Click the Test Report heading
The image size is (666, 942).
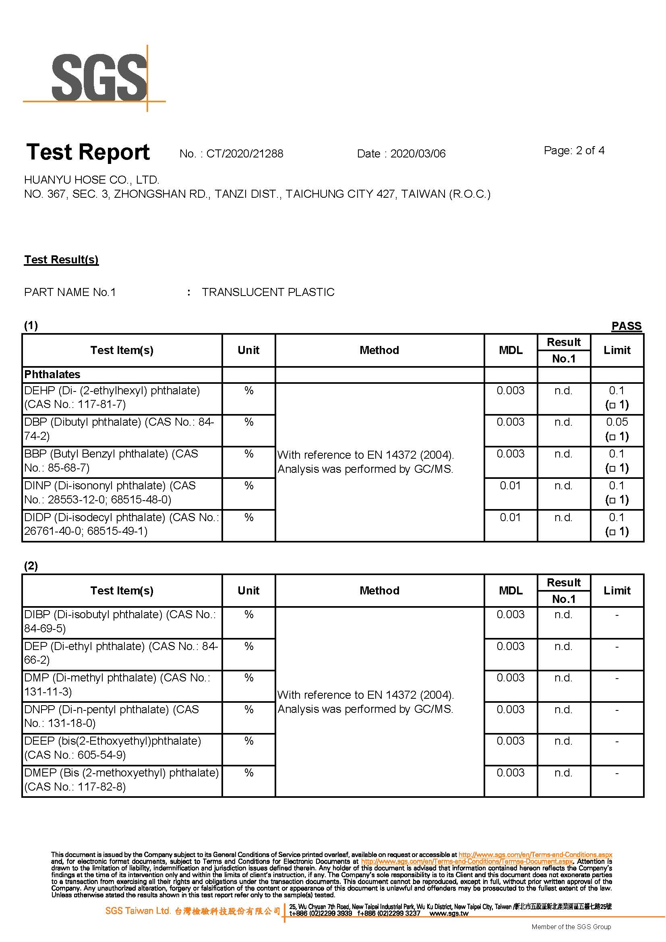point(88,152)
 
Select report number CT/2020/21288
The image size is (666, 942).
point(244,154)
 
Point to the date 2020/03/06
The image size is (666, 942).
point(418,154)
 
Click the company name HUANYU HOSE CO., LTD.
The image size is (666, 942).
point(92,180)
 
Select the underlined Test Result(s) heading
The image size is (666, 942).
point(62,260)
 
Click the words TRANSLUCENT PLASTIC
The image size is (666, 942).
point(268,292)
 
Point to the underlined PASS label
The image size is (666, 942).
point(626,326)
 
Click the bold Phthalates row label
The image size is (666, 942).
point(52,375)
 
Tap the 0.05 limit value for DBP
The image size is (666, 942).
point(617,422)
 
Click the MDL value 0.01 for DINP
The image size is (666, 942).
point(510,486)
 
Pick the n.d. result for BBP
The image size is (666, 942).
point(563,454)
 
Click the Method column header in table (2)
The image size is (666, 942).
point(379,591)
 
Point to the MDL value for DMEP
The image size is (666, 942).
point(510,773)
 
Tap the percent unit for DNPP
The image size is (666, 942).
point(248,710)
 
